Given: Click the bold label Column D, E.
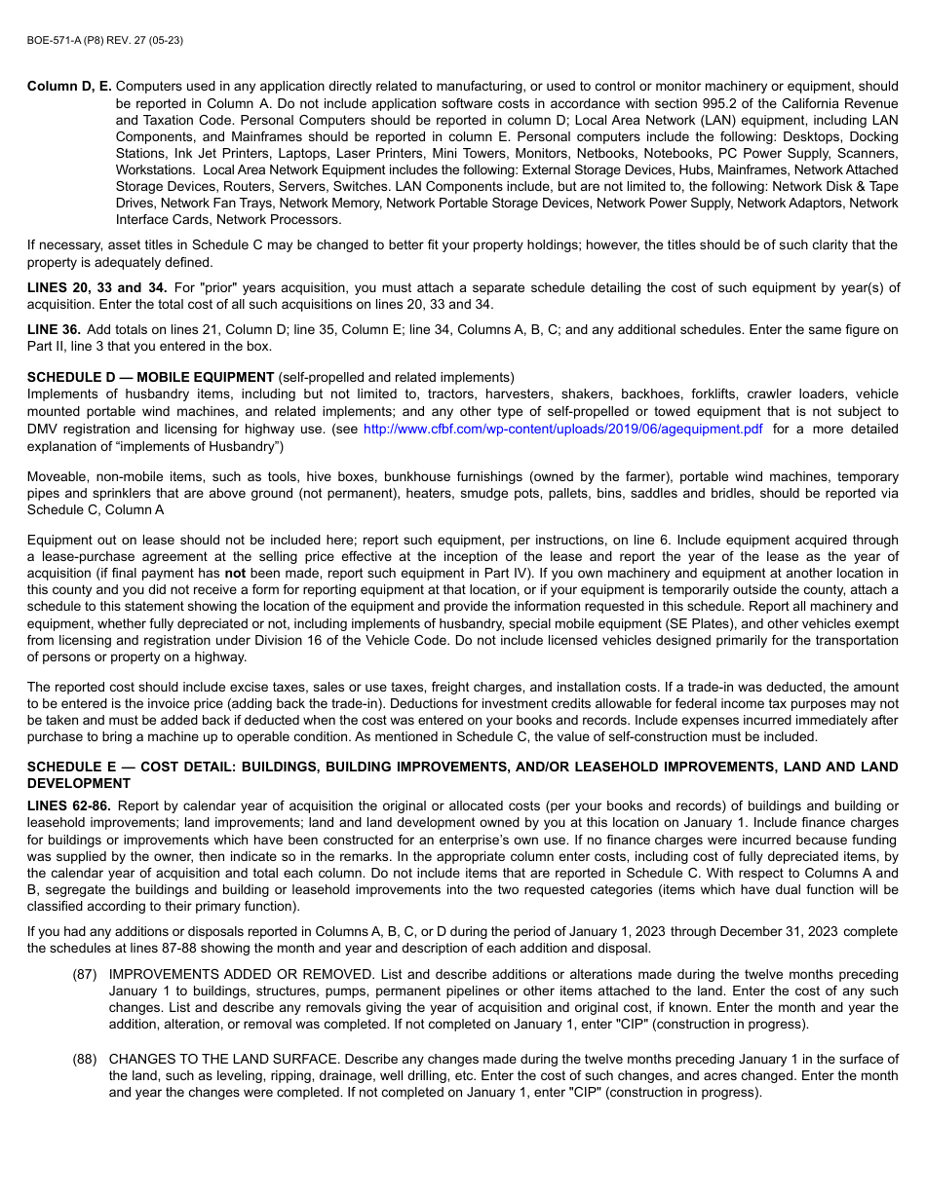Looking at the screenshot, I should pyautogui.click(x=69, y=87).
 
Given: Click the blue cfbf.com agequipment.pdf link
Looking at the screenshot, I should pyautogui.click(x=562, y=429).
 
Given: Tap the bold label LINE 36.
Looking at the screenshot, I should pyautogui.click(x=54, y=330).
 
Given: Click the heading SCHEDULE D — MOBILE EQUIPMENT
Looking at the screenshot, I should pyautogui.click(x=150, y=378).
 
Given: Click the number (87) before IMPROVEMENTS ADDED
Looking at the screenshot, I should pyautogui.click(x=84, y=975).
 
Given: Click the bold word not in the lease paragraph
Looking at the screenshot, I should pyautogui.click(x=235, y=574).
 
